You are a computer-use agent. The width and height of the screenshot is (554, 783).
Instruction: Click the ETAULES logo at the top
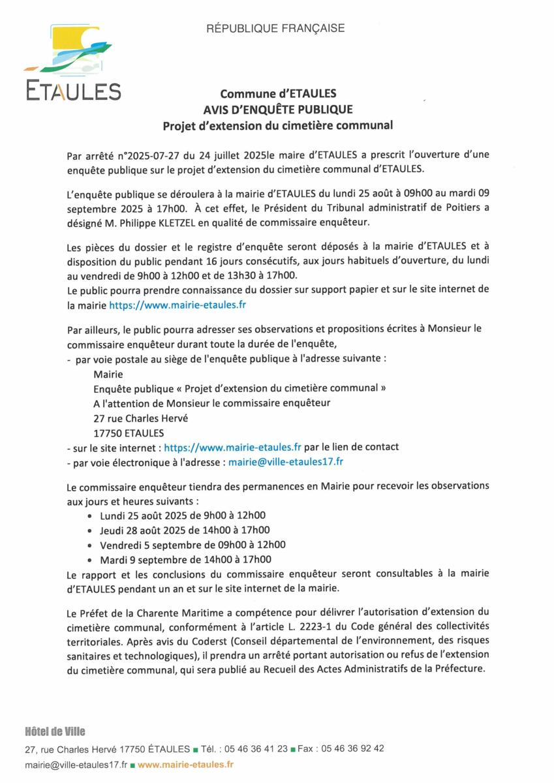pos(72,63)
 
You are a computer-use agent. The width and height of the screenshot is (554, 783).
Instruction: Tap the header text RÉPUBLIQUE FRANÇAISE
pos(275,28)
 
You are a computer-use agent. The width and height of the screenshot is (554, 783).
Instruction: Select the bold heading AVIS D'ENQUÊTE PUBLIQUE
pos(277,109)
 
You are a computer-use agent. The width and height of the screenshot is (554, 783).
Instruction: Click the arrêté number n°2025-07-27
pos(153,156)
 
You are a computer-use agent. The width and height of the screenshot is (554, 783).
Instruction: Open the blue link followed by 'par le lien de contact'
pos(232,448)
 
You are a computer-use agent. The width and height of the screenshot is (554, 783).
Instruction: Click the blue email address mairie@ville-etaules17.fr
pos(286,462)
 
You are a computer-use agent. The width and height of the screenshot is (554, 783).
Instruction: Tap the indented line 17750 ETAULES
pos(129,433)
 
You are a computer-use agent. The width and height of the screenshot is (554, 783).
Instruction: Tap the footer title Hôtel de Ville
pos(55,731)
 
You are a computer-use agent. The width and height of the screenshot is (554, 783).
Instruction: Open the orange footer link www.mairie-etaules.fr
pos(185,763)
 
